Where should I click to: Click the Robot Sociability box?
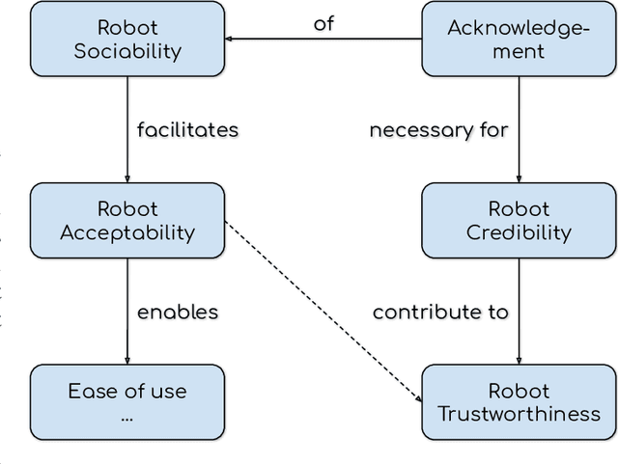pyautogui.click(x=127, y=39)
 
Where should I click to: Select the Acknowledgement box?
pyautogui.click(x=519, y=39)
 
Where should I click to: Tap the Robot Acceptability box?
pyautogui.click(x=127, y=221)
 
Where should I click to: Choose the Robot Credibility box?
pyautogui.click(x=519, y=221)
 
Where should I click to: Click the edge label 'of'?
pyautogui.click(x=323, y=24)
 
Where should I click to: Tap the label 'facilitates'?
pyautogui.click(x=187, y=129)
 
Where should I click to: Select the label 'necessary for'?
pyautogui.click(x=438, y=129)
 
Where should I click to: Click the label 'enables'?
pyautogui.click(x=178, y=312)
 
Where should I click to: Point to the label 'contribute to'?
pyautogui.click(x=440, y=312)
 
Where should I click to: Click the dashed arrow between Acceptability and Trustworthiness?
pyautogui.click(x=323, y=311)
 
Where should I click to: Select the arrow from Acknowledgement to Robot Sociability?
pyautogui.click(x=323, y=40)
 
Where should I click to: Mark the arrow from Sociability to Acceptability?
pyautogui.click(x=127, y=129)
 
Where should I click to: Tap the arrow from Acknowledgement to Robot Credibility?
pyautogui.click(x=519, y=129)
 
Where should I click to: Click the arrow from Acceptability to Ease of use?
pyautogui.click(x=127, y=312)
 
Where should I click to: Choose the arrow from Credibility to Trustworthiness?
pyautogui.click(x=519, y=312)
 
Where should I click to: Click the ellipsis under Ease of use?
pyautogui.click(x=127, y=418)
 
